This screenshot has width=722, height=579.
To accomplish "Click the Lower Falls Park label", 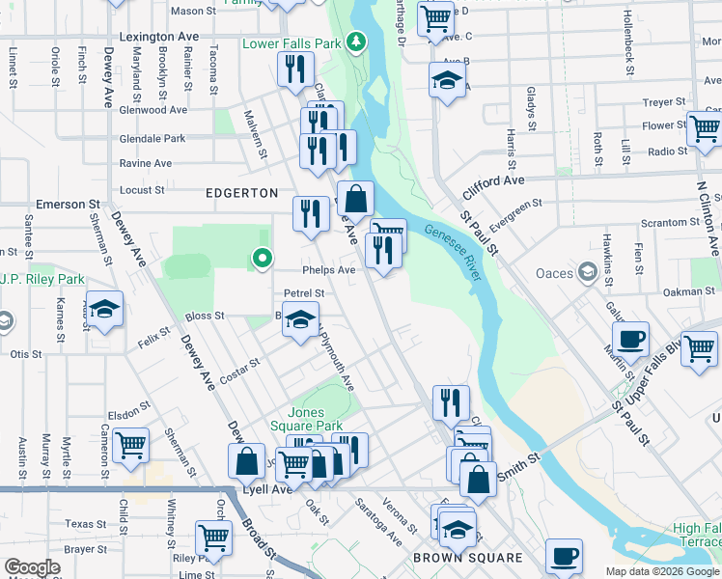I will [292, 43].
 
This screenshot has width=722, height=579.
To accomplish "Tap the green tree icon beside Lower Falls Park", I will [357, 42].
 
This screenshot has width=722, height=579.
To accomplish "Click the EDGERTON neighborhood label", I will [241, 193].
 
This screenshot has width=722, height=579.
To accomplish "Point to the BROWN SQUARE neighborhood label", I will [467, 558].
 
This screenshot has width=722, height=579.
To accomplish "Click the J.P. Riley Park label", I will [37, 281].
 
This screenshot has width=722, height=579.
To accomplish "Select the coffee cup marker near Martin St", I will [630, 340].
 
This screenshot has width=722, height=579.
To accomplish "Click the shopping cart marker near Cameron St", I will [130, 445].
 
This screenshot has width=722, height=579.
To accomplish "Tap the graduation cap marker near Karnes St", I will [105, 309].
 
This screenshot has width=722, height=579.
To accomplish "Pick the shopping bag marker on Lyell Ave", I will [247, 460].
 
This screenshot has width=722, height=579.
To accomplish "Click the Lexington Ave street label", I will [159, 37].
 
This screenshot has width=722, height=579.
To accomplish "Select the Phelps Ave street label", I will [328, 270].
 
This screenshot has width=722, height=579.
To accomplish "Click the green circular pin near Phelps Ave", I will [261, 258].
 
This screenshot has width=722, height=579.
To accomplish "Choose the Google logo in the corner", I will [32, 567].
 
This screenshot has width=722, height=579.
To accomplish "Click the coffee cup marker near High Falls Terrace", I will [564, 556].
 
